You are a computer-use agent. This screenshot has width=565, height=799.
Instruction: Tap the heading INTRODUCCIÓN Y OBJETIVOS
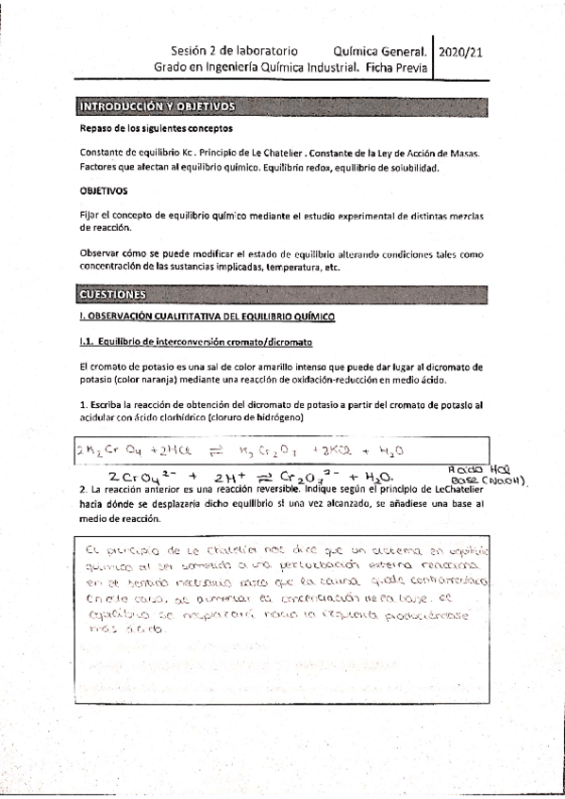(156, 106)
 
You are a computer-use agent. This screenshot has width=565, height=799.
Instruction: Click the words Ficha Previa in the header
(395, 68)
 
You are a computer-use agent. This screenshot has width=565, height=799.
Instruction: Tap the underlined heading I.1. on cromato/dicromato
(195, 339)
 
